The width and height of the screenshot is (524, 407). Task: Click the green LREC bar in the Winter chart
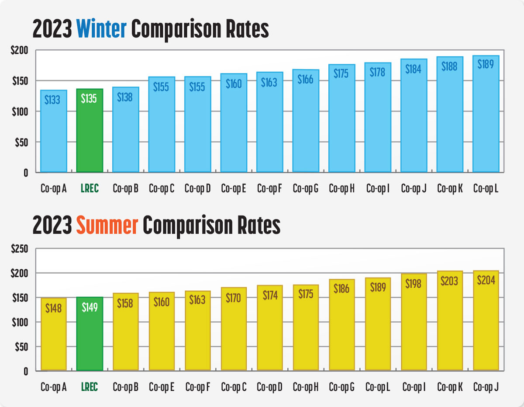(x=90, y=131)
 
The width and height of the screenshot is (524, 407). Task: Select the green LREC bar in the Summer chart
(x=90, y=334)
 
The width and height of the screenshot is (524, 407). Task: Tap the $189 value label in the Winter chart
(x=486, y=64)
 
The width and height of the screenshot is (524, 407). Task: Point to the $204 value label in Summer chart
(x=486, y=280)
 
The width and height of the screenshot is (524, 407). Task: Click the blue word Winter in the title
(x=101, y=29)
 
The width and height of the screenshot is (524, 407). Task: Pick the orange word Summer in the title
(x=107, y=225)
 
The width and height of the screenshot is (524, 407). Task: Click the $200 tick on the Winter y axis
(x=19, y=51)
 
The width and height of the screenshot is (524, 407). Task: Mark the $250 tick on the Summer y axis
(x=19, y=249)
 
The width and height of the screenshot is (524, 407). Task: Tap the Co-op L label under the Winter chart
(x=486, y=189)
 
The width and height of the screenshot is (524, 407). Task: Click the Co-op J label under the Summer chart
(x=486, y=387)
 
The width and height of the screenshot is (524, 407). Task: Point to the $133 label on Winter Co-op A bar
(x=54, y=100)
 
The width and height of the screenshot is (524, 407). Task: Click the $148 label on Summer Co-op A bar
(x=54, y=308)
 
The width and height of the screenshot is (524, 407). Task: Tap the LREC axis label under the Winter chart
(x=90, y=189)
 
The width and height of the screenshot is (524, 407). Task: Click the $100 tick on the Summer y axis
(x=19, y=322)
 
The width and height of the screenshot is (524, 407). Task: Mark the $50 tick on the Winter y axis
(x=19, y=142)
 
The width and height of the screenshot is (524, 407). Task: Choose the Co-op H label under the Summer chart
(x=306, y=387)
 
